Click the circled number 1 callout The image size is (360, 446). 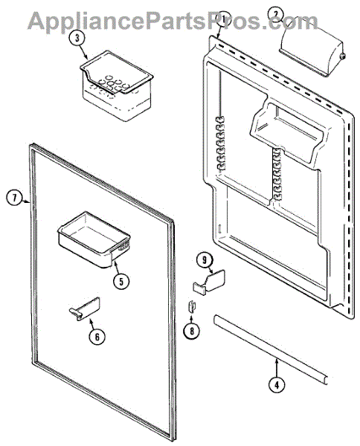[x=223, y=19]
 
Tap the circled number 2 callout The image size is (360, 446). [x=275, y=14]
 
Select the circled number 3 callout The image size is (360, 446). [x=77, y=39]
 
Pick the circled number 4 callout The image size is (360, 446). [x=277, y=385]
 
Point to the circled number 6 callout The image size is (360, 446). [x=97, y=337]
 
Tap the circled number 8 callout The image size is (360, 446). [x=191, y=331]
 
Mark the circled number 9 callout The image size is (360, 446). [x=205, y=261]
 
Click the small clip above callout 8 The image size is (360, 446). [x=193, y=306]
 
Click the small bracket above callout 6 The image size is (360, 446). [x=85, y=308]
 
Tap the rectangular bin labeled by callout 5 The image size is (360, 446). [x=94, y=239]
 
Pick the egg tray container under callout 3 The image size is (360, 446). [x=116, y=86]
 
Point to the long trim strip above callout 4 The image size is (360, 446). [x=271, y=349]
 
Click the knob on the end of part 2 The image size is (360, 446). [x=343, y=56]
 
